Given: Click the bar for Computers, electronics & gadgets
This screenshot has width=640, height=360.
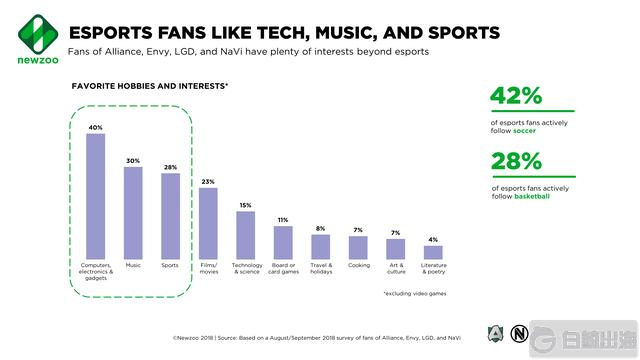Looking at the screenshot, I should point(95,196).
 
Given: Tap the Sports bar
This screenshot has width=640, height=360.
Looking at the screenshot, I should point(170,216).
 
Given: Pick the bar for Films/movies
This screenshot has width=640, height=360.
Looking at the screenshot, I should point(208,223).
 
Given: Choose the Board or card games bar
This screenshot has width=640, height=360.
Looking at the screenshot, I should point(283,242).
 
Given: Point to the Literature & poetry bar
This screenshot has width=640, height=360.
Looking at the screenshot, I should point(433,252).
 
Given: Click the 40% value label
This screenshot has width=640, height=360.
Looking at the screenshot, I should point(95,127).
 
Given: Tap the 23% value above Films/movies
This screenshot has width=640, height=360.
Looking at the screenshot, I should point(208,181).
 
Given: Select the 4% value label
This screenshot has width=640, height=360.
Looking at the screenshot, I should point(433,239).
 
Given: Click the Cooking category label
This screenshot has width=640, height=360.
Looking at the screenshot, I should point(358,265).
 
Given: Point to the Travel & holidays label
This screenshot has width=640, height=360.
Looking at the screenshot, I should point(320,268).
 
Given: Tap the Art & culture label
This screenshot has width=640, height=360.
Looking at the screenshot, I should point(396,268).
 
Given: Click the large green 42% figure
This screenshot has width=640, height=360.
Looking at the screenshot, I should point(516,96).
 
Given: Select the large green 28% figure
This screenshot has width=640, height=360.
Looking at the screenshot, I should point(516,161).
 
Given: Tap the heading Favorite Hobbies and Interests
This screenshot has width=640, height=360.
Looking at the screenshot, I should point(150,87).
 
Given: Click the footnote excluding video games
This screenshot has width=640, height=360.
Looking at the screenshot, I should point(415,293).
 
